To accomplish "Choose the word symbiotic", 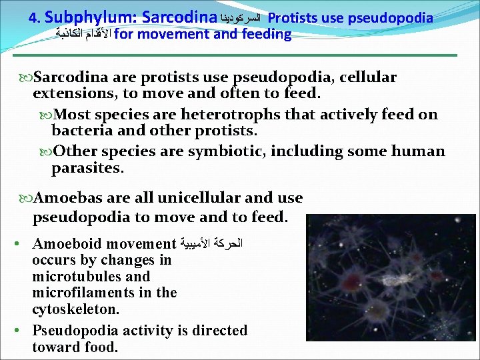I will (227, 151).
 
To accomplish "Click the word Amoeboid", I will (66, 244).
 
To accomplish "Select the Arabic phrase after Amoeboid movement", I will (213, 244).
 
